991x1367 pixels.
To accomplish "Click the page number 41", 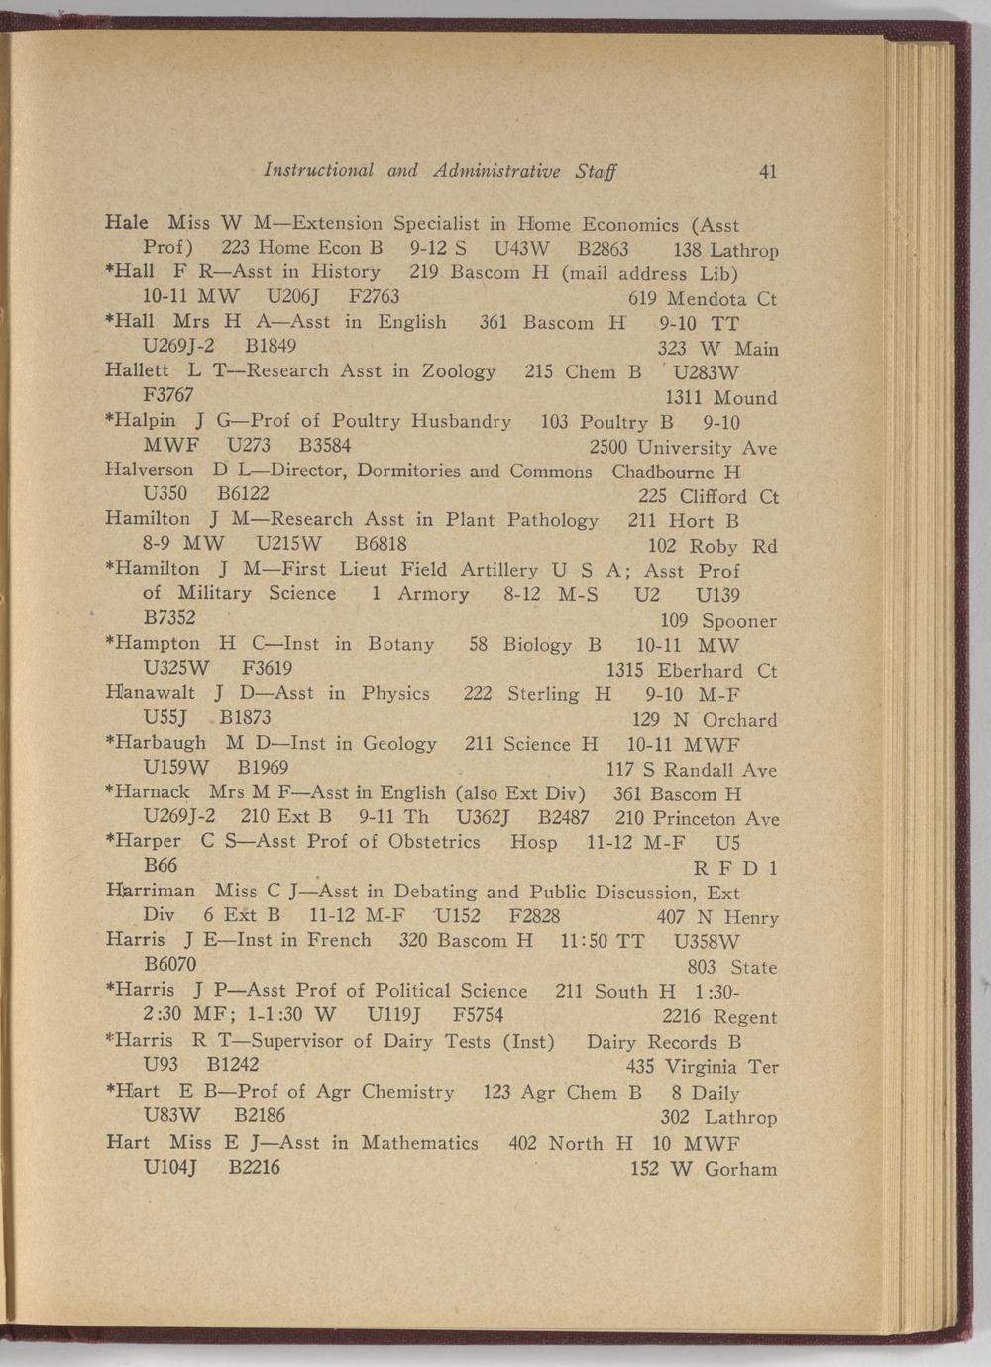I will click(767, 171).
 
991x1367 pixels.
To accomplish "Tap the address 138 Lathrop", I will click(725, 251).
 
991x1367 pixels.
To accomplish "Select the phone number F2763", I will click(374, 296).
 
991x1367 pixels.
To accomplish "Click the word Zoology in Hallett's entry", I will click(459, 371).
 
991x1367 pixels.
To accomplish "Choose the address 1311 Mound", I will click(720, 398).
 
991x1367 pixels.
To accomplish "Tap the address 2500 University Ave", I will click(683, 448).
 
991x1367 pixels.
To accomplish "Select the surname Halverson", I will click(149, 471).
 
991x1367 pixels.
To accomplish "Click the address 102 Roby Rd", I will click(712, 547).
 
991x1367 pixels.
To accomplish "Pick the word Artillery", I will click(498, 570).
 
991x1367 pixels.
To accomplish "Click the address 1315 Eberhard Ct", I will click(691, 671).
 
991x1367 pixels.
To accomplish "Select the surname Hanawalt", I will click(151, 693).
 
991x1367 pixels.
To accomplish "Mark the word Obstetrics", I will click(434, 842).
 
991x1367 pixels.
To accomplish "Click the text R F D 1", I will click(734, 869).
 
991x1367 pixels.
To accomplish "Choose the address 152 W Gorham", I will click(703, 1169).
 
